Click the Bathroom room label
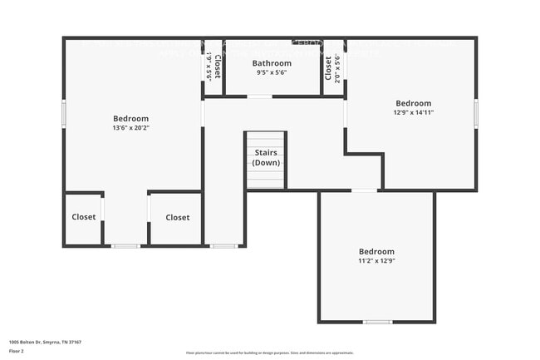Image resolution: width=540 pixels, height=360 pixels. tap(272, 63)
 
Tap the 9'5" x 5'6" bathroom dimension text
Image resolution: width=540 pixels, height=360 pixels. tap(272, 73)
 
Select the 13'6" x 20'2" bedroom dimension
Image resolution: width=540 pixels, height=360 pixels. tap(130, 128)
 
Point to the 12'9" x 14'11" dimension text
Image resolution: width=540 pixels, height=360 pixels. tap(413, 112)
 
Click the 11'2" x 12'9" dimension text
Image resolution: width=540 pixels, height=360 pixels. tap(376, 261)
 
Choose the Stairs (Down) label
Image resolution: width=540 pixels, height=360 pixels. tap(266, 158)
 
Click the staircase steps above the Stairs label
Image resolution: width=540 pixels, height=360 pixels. tap(265, 140)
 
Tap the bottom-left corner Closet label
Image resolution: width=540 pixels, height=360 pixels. tap(83, 217)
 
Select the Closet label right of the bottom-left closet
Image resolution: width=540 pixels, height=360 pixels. tap(177, 217)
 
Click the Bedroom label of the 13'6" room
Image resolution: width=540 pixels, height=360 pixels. tap(130, 119)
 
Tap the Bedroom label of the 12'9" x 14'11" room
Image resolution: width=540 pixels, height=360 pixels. tap(413, 103)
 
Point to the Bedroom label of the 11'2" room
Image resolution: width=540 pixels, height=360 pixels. tap(376, 251)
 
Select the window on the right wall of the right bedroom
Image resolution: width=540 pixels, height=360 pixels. tap(476, 113)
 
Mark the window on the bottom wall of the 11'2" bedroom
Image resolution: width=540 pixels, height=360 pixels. tap(377, 322)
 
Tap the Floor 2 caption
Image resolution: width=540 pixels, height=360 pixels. tap(17, 352)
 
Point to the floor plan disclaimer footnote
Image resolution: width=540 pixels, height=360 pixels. tap(269, 353)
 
